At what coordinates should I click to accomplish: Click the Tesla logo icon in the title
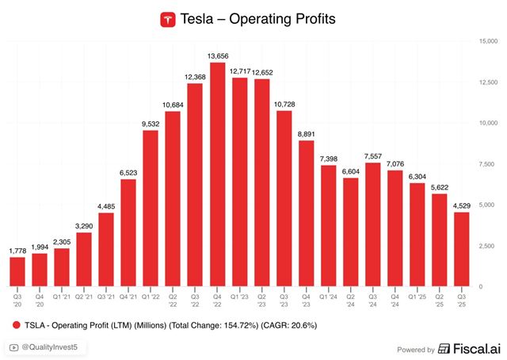167,19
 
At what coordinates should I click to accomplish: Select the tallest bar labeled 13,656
217,174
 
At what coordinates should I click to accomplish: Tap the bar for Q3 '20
17,271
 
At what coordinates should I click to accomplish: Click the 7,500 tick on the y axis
486,164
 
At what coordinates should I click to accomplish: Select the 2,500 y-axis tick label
486,246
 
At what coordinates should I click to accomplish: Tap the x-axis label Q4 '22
217,299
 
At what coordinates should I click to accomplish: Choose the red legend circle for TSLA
17,325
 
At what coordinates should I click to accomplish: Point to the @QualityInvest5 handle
54,347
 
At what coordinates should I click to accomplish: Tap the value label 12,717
239,71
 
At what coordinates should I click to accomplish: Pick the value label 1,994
40,247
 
